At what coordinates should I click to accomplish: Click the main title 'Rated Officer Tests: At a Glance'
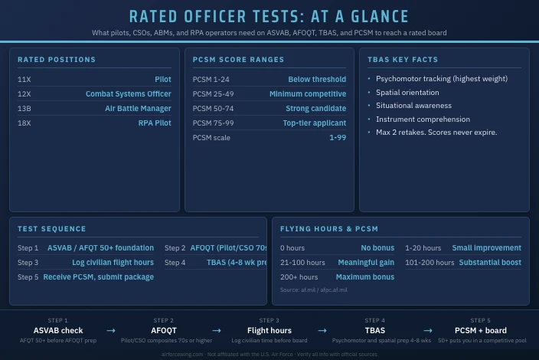point(269,16)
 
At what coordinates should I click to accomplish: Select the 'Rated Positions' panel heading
point(57,60)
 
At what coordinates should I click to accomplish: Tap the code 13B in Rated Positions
point(24,109)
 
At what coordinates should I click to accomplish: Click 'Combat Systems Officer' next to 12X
point(128,94)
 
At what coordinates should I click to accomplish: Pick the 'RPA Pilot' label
point(155,123)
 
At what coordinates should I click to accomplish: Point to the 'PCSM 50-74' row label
point(213,109)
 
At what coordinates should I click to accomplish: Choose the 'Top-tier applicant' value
point(314,123)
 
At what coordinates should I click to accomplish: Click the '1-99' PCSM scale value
point(337,138)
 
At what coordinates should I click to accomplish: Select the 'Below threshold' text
point(317,80)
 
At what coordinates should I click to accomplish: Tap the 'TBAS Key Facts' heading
point(403,60)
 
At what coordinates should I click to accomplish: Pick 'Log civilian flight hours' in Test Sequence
point(113,263)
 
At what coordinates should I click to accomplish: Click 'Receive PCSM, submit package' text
point(98,277)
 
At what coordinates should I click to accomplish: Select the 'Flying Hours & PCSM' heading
point(329,229)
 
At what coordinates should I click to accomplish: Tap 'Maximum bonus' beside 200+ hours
point(364,277)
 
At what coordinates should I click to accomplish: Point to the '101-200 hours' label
point(430,263)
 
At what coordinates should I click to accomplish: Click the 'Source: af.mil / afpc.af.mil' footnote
point(313,290)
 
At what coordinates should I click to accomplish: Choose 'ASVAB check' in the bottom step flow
point(57,331)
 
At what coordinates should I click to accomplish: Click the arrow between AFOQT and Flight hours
point(217,331)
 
